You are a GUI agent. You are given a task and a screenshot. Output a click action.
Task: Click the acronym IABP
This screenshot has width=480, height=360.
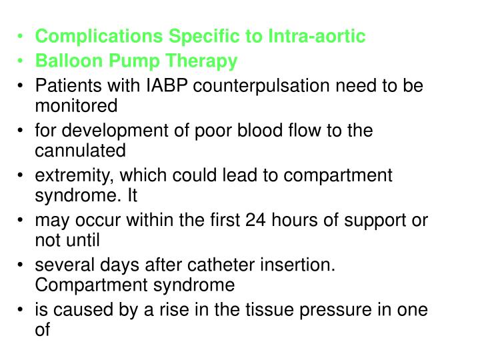point(155,87)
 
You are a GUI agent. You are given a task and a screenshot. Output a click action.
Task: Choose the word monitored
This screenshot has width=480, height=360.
point(76,106)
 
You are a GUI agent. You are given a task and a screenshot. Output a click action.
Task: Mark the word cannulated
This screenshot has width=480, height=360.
point(80,151)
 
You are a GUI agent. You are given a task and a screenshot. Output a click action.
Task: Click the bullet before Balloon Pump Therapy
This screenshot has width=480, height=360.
point(23,62)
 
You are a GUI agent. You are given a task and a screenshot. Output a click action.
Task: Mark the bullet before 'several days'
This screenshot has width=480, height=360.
point(23,266)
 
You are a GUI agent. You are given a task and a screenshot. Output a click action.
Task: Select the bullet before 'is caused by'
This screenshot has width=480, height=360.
point(23,311)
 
